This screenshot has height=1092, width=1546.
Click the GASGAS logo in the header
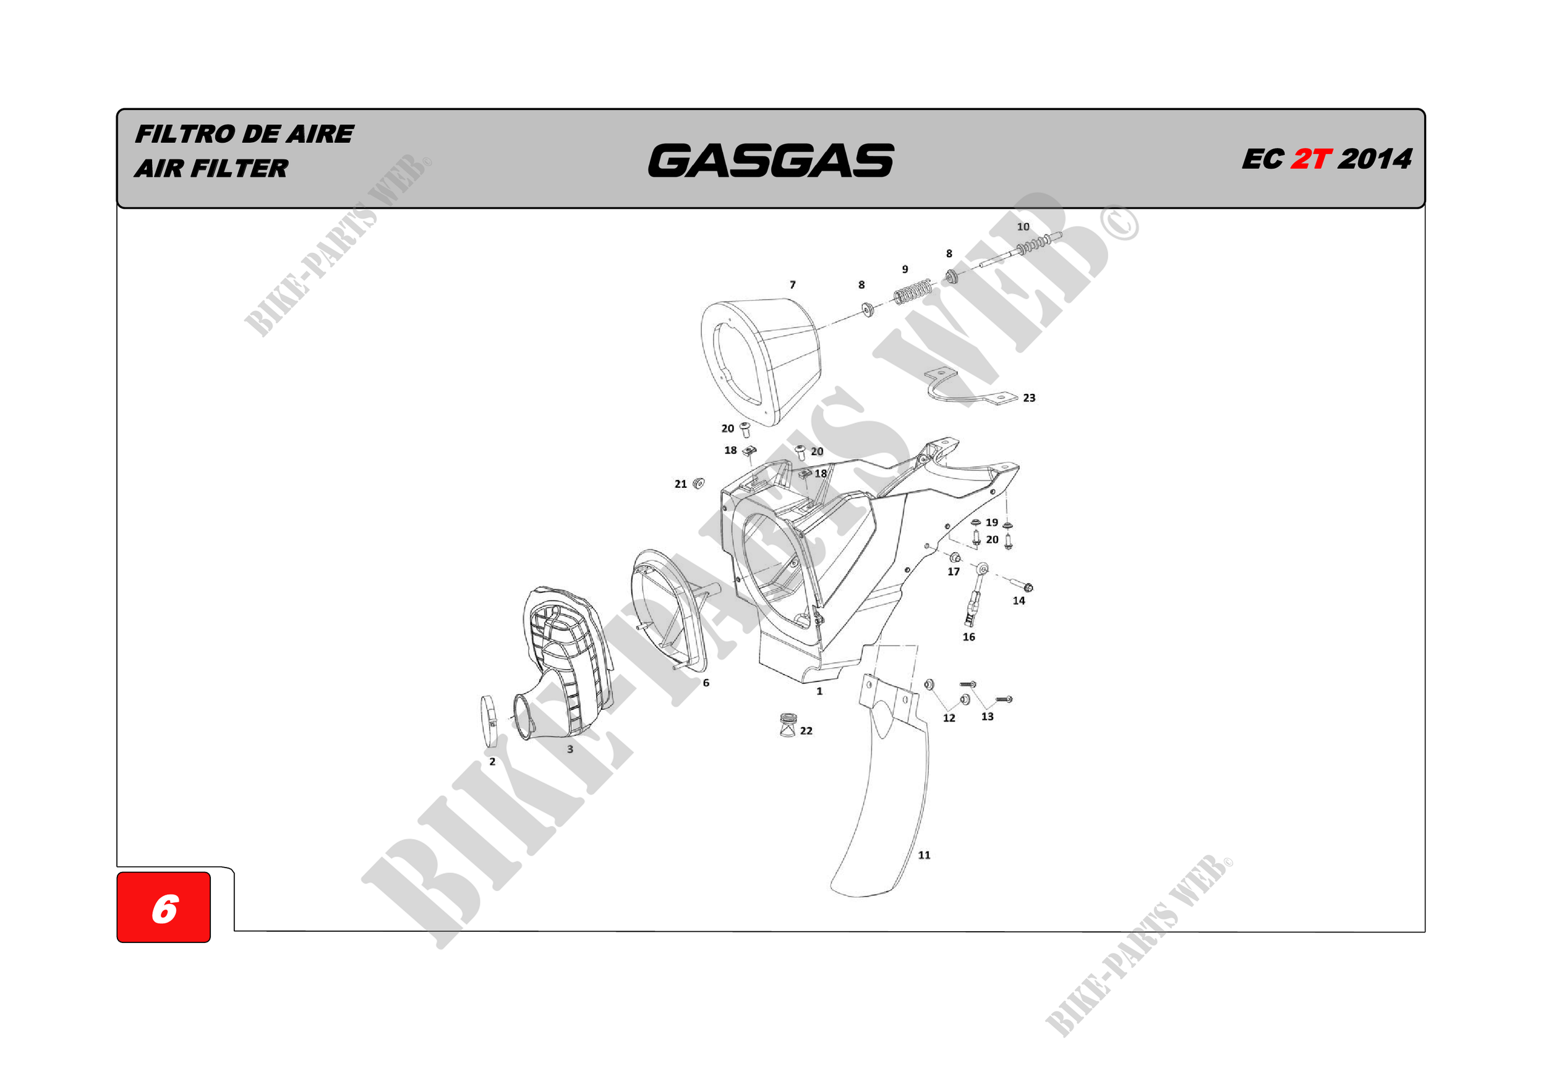pos(771,160)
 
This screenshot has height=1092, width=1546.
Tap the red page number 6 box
pos(164,907)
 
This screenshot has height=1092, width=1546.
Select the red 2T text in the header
pos(1310,160)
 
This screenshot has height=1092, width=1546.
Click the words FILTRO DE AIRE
pos(244,134)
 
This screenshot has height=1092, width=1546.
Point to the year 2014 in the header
pos(1375,160)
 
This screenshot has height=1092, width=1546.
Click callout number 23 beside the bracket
pos(1029,398)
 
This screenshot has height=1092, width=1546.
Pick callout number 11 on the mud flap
pos(924,855)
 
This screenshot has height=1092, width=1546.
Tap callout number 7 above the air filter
pos(793,285)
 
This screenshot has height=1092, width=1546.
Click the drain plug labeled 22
pos(787,725)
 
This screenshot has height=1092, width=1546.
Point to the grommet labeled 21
pos(699,483)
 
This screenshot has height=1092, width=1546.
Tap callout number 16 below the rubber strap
pos(968,637)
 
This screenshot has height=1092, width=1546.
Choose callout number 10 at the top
pos(1023,227)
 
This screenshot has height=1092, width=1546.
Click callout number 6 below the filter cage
pos(706,683)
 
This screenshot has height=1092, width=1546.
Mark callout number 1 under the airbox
pos(819,691)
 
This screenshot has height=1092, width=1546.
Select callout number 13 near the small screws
pos(987,716)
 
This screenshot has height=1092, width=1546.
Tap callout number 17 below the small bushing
pos(954,571)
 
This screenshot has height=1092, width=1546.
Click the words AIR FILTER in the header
pos(211,168)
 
